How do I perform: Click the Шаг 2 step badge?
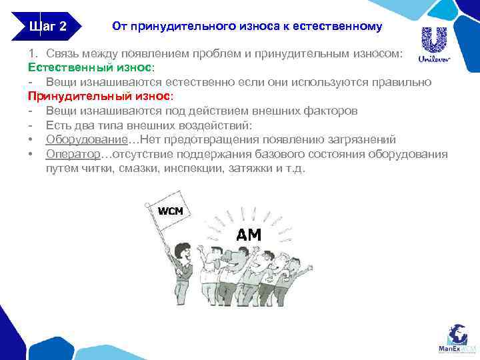point(47,27)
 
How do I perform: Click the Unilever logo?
point(434,45)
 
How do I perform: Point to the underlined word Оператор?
point(73,154)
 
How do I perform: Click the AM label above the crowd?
point(249,234)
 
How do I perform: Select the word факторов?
point(335,111)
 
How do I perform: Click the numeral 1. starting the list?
point(33,53)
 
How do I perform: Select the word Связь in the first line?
point(62,53)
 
